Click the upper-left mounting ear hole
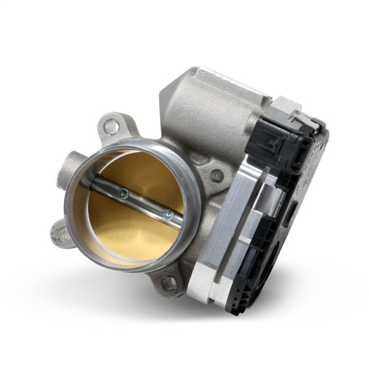click(x=111, y=127)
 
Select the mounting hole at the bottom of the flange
click(x=168, y=283)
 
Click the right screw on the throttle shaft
click(x=167, y=215)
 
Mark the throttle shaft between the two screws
click(x=145, y=205)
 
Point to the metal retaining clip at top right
click(x=311, y=122)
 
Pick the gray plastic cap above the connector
click(x=289, y=108)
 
